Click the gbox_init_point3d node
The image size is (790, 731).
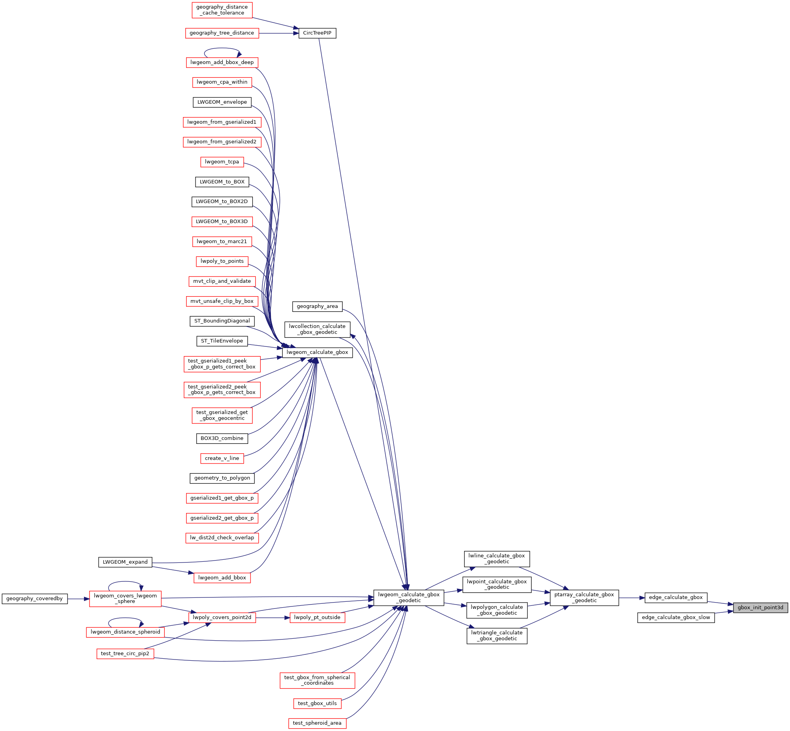(760, 608)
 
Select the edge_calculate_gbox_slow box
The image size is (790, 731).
(676, 617)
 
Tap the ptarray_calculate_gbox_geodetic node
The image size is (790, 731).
(584, 598)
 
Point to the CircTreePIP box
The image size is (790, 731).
(317, 33)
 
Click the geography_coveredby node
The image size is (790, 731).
(35, 599)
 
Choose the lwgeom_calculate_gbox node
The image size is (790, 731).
(317, 352)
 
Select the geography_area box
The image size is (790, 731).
(317, 306)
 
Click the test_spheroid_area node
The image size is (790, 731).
(317, 723)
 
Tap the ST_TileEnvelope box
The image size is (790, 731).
(222, 341)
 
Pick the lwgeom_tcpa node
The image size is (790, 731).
(222, 162)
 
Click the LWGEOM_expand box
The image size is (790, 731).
(125, 562)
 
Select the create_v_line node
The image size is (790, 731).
(222, 458)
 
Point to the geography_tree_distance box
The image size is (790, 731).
(222, 33)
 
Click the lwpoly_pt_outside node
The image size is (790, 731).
(317, 617)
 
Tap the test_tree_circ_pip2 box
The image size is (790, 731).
(125, 654)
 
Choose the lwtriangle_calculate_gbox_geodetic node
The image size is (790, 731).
(497, 636)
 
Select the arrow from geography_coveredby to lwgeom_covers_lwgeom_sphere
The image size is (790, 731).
(78, 599)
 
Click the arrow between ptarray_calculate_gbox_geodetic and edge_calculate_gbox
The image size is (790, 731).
(631, 598)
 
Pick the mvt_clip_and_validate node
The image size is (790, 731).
(222, 281)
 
